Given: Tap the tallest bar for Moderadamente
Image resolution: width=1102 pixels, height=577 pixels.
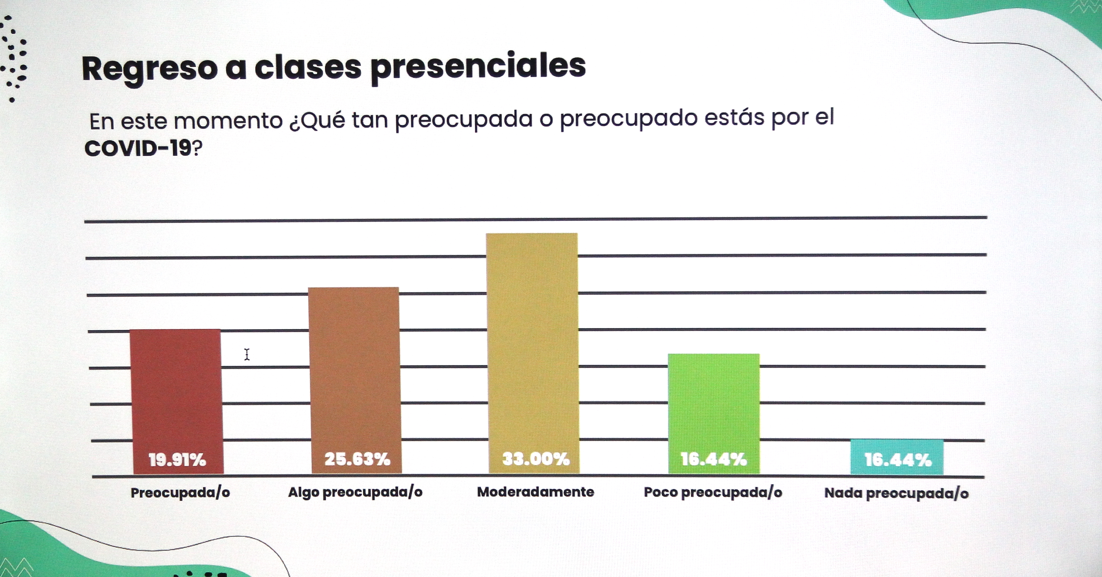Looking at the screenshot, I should (533, 342).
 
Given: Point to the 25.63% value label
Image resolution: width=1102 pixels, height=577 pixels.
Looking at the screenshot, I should (357, 459).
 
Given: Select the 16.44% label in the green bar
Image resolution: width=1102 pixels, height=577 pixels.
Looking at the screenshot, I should (714, 459).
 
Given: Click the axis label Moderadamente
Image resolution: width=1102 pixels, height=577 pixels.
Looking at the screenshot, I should (535, 492).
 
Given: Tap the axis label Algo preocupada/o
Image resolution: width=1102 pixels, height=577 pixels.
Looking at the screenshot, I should (355, 492).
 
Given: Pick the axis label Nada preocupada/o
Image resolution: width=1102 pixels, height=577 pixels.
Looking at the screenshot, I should (896, 493).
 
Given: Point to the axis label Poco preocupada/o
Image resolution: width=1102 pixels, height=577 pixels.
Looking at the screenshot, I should (713, 492).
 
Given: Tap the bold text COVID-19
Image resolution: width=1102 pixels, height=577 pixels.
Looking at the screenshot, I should (138, 148).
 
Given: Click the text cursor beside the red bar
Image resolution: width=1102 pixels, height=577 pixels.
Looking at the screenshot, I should (247, 355).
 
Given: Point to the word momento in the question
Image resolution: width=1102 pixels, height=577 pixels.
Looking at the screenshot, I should (228, 121).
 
